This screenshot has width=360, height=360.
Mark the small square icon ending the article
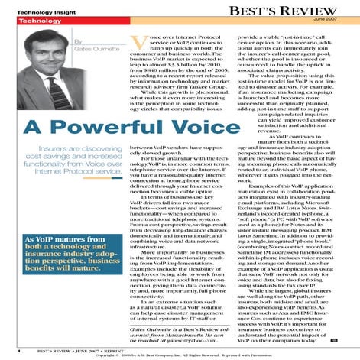click(335, 337)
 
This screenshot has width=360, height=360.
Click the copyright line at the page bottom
click(180, 355)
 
